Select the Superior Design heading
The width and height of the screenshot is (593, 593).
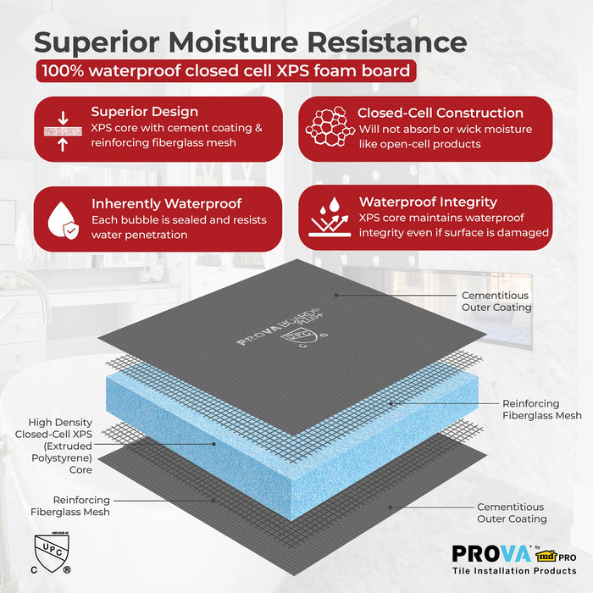145,112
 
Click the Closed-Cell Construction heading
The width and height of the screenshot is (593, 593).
440,113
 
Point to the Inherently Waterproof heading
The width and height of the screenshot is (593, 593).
166,203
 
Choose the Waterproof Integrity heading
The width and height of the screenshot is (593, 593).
428,202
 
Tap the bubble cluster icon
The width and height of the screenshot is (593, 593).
327,128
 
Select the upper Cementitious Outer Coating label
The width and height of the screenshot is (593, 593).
496,301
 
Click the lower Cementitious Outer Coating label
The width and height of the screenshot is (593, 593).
512,513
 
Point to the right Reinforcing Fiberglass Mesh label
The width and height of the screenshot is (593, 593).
542,409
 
